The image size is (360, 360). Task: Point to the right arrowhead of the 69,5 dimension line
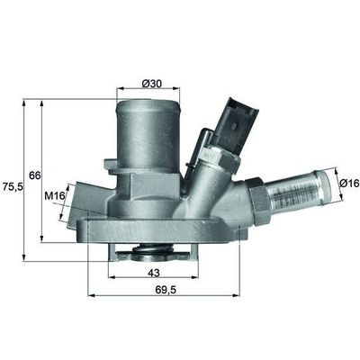[x=239, y=293]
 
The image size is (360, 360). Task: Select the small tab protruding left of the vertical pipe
[x=111, y=164]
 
